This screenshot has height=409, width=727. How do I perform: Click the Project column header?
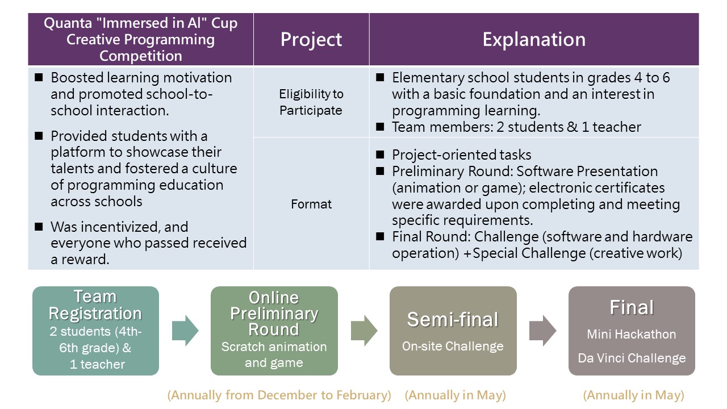click(x=311, y=40)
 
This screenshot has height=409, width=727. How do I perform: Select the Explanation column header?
click(x=534, y=40)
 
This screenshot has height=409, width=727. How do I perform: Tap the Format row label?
click(x=311, y=204)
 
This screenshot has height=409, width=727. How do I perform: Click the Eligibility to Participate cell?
click(x=311, y=102)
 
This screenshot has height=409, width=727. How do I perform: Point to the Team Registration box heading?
click(x=95, y=305)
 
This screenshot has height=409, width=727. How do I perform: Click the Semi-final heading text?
click(x=453, y=319)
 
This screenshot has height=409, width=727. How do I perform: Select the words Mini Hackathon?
click(x=631, y=334)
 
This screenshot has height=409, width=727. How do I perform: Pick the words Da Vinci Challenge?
click(x=632, y=358)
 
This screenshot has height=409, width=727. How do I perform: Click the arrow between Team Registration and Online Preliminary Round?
click(x=185, y=331)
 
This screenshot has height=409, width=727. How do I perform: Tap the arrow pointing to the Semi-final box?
click(x=364, y=331)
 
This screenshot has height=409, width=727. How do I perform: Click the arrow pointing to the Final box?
click(x=542, y=331)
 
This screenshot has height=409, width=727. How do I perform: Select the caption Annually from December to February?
click(x=279, y=395)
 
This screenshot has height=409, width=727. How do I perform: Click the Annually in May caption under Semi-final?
click(x=456, y=395)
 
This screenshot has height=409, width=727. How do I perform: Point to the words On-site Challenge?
click(x=453, y=347)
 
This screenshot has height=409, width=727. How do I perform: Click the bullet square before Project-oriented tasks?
click(x=380, y=155)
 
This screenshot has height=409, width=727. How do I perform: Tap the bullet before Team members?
click(x=380, y=127)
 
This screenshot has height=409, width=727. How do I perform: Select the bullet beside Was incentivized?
click(x=39, y=227)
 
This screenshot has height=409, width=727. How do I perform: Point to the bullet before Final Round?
click(x=380, y=236)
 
